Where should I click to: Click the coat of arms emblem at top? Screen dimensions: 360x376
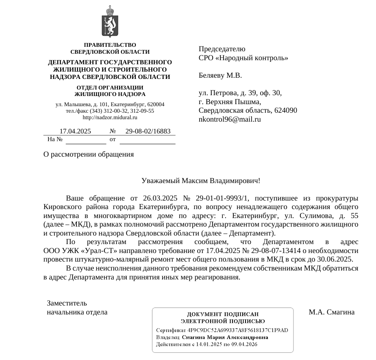click(x=110, y=22)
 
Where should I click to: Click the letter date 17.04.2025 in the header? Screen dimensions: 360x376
click(x=75, y=131)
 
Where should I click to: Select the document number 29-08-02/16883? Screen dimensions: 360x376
click(x=148, y=131)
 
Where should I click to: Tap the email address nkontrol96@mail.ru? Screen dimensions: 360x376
click(x=230, y=119)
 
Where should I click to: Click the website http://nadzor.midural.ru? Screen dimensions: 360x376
click(x=110, y=118)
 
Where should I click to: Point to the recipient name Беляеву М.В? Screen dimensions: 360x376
click(x=220, y=75)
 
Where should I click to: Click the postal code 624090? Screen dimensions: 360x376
click(x=286, y=110)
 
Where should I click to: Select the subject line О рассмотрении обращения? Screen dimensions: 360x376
click(x=89, y=155)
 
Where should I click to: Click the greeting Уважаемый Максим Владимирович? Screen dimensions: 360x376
click(x=201, y=180)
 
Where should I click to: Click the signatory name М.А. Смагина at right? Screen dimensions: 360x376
click(x=332, y=312)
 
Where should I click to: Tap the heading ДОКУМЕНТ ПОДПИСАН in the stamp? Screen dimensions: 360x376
click(x=223, y=314)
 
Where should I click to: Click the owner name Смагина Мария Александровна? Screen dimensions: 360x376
click(x=225, y=337)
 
